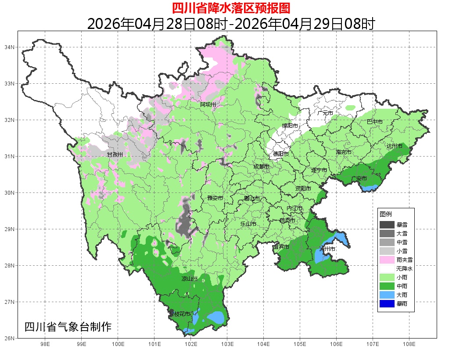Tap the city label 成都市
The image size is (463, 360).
point(262,167)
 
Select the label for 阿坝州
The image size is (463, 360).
point(208,104)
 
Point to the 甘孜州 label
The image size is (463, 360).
point(115,154)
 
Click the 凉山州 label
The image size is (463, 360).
point(190,279)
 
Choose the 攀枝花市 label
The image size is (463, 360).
point(179,314)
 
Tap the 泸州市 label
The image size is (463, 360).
point(327,249)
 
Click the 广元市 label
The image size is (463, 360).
point(325,113)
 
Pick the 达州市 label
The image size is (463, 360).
point(395,146)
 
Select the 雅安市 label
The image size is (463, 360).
point(215,198)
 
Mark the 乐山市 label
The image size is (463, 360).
point(248,224)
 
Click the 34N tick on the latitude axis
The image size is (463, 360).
point(10,47)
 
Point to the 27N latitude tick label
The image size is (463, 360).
point(10,302)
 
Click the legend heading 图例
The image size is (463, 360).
point(386,214)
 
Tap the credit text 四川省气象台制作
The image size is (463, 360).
point(68,327)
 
